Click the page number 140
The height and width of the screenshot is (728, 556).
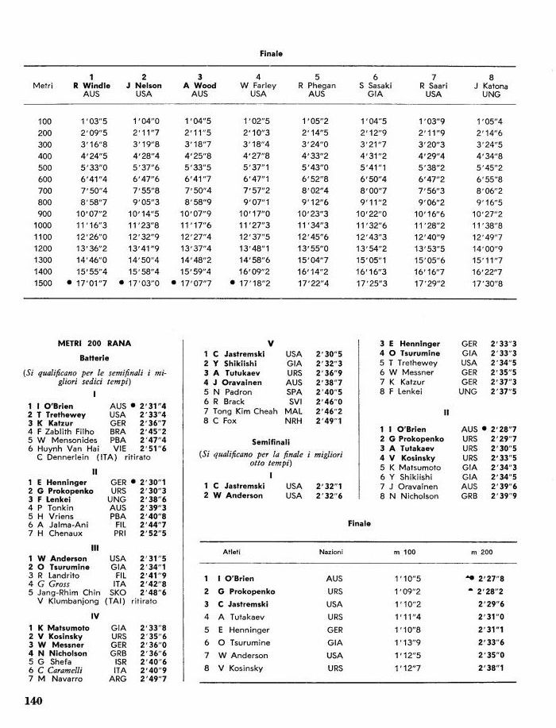[x=33, y=701]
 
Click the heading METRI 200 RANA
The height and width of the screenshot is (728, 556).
[x=94, y=343]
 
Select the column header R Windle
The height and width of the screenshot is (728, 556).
[x=91, y=85]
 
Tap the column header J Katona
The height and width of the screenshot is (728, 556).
[x=491, y=85]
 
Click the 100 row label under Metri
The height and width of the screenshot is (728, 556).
[x=44, y=121]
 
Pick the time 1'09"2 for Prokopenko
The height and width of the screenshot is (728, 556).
[x=404, y=591]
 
